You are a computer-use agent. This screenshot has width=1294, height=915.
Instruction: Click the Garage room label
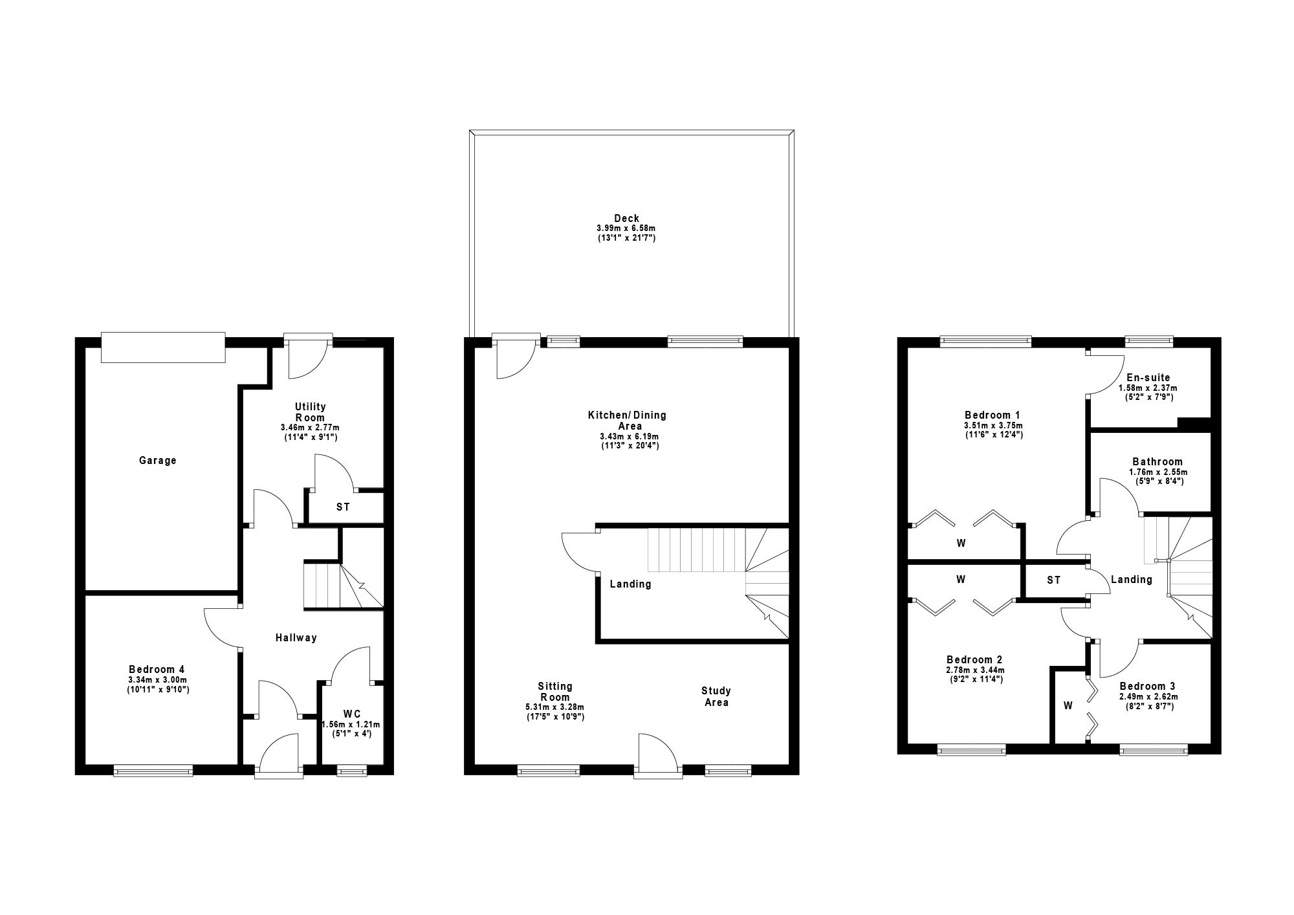[x=157, y=461]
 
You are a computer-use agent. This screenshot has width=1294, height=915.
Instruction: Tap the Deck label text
[x=626, y=219]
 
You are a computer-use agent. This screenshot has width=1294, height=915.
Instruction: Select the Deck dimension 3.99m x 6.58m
[x=626, y=228]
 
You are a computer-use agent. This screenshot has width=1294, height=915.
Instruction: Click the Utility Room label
[x=310, y=412]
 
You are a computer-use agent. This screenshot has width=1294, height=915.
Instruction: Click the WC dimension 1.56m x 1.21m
[x=352, y=724]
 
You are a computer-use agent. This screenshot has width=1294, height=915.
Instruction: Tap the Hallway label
[x=296, y=638]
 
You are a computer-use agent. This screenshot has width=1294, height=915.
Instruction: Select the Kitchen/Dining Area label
[x=626, y=421]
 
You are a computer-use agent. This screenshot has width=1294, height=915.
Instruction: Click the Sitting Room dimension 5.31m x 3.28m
[x=554, y=707]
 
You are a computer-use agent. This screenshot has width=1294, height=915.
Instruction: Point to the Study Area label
[x=716, y=697]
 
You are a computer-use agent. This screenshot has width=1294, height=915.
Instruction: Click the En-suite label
[x=1148, y=378]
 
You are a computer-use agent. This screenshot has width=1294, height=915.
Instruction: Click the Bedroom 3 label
[x=1148, y=687]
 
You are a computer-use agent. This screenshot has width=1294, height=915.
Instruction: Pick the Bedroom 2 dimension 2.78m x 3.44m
[x=974, y=670]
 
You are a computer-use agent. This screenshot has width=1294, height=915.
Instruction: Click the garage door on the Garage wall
[x=163, y=348]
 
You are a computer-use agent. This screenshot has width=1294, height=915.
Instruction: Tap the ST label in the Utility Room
[x=343, y=507]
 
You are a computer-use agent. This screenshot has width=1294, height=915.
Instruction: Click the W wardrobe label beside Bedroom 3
[x=1068, y=705]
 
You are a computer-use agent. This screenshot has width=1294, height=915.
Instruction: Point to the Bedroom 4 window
[x=153, y=769]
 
